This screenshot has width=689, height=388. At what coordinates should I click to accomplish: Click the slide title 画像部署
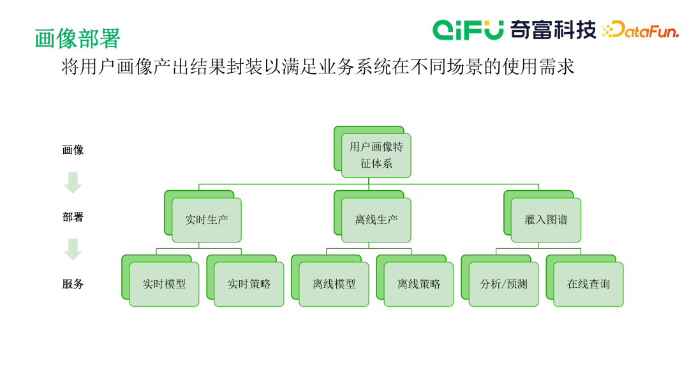pos(77,38)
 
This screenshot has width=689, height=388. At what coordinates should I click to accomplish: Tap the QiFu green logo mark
pos(468,29)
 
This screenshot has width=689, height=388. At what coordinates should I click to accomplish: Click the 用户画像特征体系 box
pos(376,155)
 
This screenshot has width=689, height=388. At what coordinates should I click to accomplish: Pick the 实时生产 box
pos(207,220)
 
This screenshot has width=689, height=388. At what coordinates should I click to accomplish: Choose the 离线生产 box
pos(376,220)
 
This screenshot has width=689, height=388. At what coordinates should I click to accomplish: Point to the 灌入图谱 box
pos(546,220)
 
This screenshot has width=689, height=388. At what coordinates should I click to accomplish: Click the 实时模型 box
pos(164,284)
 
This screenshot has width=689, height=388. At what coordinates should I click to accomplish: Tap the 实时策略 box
pos(249,284)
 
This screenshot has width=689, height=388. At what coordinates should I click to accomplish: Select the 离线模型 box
pos(334,284)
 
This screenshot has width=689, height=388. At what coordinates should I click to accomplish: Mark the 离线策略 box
pos(419,284)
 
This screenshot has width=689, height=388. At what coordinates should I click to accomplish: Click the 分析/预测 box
pos(503,284)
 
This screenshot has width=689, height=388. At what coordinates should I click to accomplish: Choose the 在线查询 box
pos(588,284)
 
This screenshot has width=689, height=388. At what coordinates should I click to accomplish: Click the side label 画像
pos(73,150)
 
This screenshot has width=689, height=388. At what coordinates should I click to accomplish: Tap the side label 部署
pos(73,217)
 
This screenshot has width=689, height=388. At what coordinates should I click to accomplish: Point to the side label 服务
pos(73,284)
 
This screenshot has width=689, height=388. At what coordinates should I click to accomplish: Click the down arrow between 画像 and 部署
pos(73,183)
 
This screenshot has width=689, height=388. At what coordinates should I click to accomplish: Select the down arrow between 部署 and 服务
pos(73,250)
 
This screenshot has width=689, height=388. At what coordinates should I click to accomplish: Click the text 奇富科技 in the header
pos(552,29)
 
